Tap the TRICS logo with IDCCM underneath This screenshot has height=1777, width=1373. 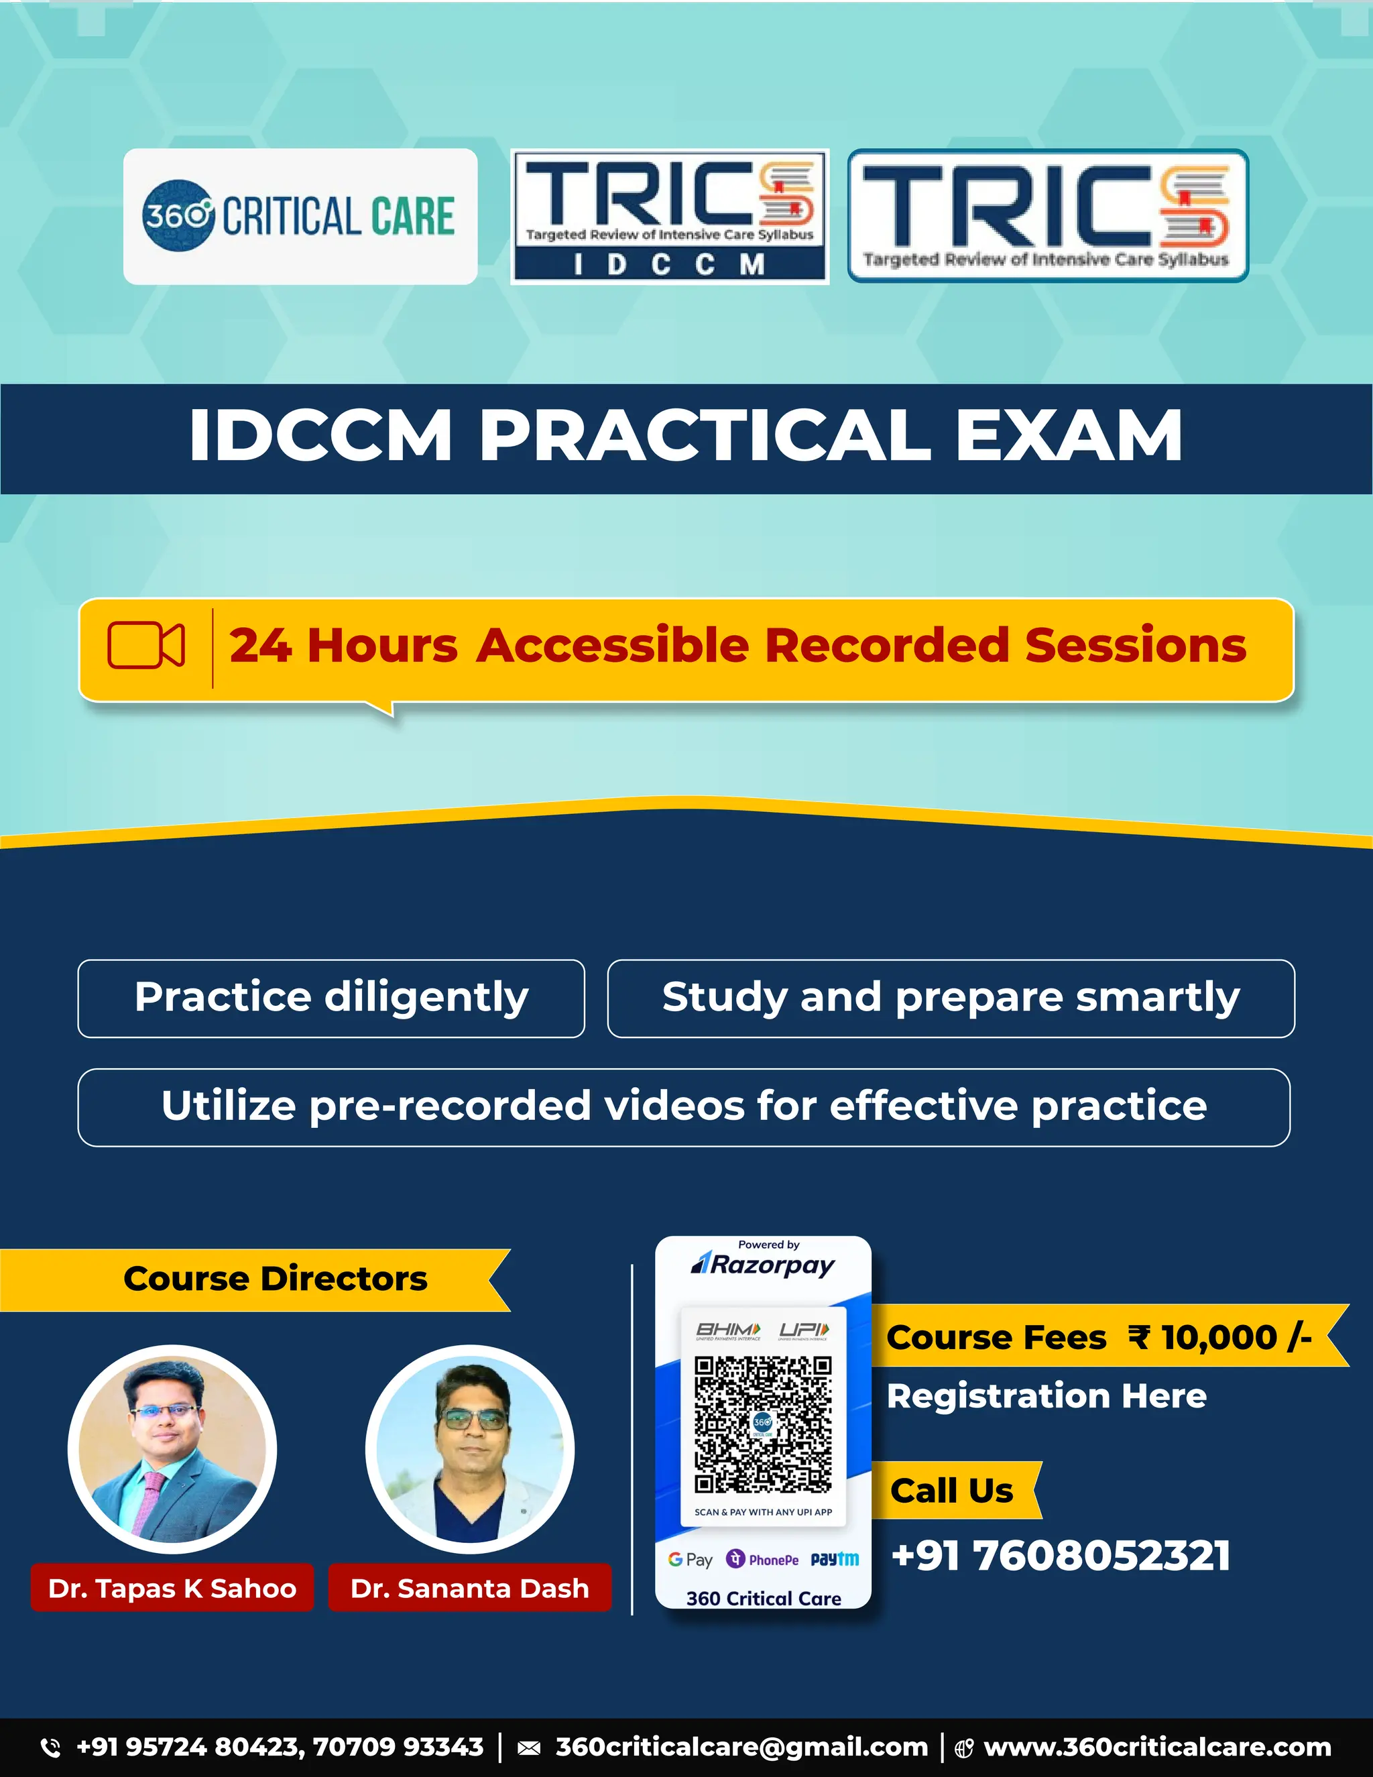click(670, 217)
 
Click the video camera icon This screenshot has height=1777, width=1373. click(146, 646)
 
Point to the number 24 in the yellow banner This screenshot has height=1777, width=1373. click(260, 646)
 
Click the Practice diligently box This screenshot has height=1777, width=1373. click(331, 998)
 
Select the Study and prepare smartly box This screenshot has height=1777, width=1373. click(950, 998)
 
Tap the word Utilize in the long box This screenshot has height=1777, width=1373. click(228, 1106)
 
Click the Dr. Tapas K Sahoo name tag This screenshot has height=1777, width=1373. click(172, 1587)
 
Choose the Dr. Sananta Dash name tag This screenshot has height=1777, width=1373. click(469, 1587)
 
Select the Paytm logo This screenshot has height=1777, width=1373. click(835, 1559)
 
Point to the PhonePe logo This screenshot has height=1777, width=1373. click(762, 1559)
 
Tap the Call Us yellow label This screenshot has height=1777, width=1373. click(952, 1491)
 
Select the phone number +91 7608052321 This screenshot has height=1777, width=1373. click(1061, 1556)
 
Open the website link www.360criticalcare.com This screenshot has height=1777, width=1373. click(1156, 1747)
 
